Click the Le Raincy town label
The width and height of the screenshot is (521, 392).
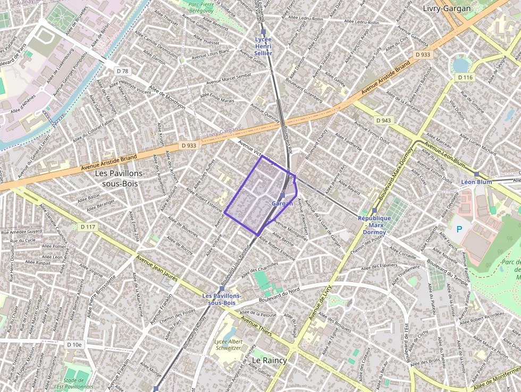269,360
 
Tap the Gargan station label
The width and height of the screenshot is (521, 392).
282,204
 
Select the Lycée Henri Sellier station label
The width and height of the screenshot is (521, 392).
263,46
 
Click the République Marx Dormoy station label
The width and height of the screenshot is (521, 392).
374,224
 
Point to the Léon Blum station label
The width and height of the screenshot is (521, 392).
476,182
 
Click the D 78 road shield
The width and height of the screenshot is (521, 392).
123,71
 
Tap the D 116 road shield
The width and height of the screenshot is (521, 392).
465,78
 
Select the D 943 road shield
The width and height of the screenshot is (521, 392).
383,121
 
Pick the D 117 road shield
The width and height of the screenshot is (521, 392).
88,227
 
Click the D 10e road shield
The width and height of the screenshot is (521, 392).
75,345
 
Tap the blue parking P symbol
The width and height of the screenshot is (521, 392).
460,230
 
